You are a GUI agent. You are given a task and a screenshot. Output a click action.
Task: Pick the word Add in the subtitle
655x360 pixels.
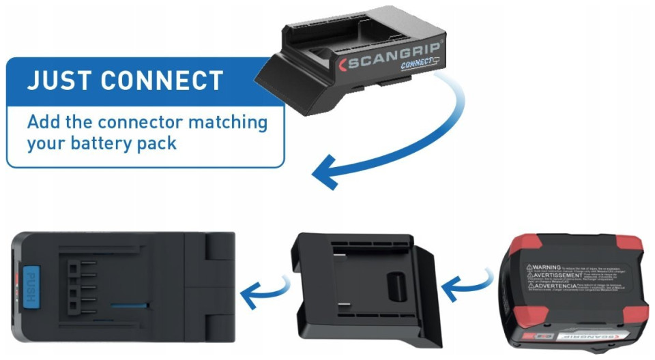[43, 123]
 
